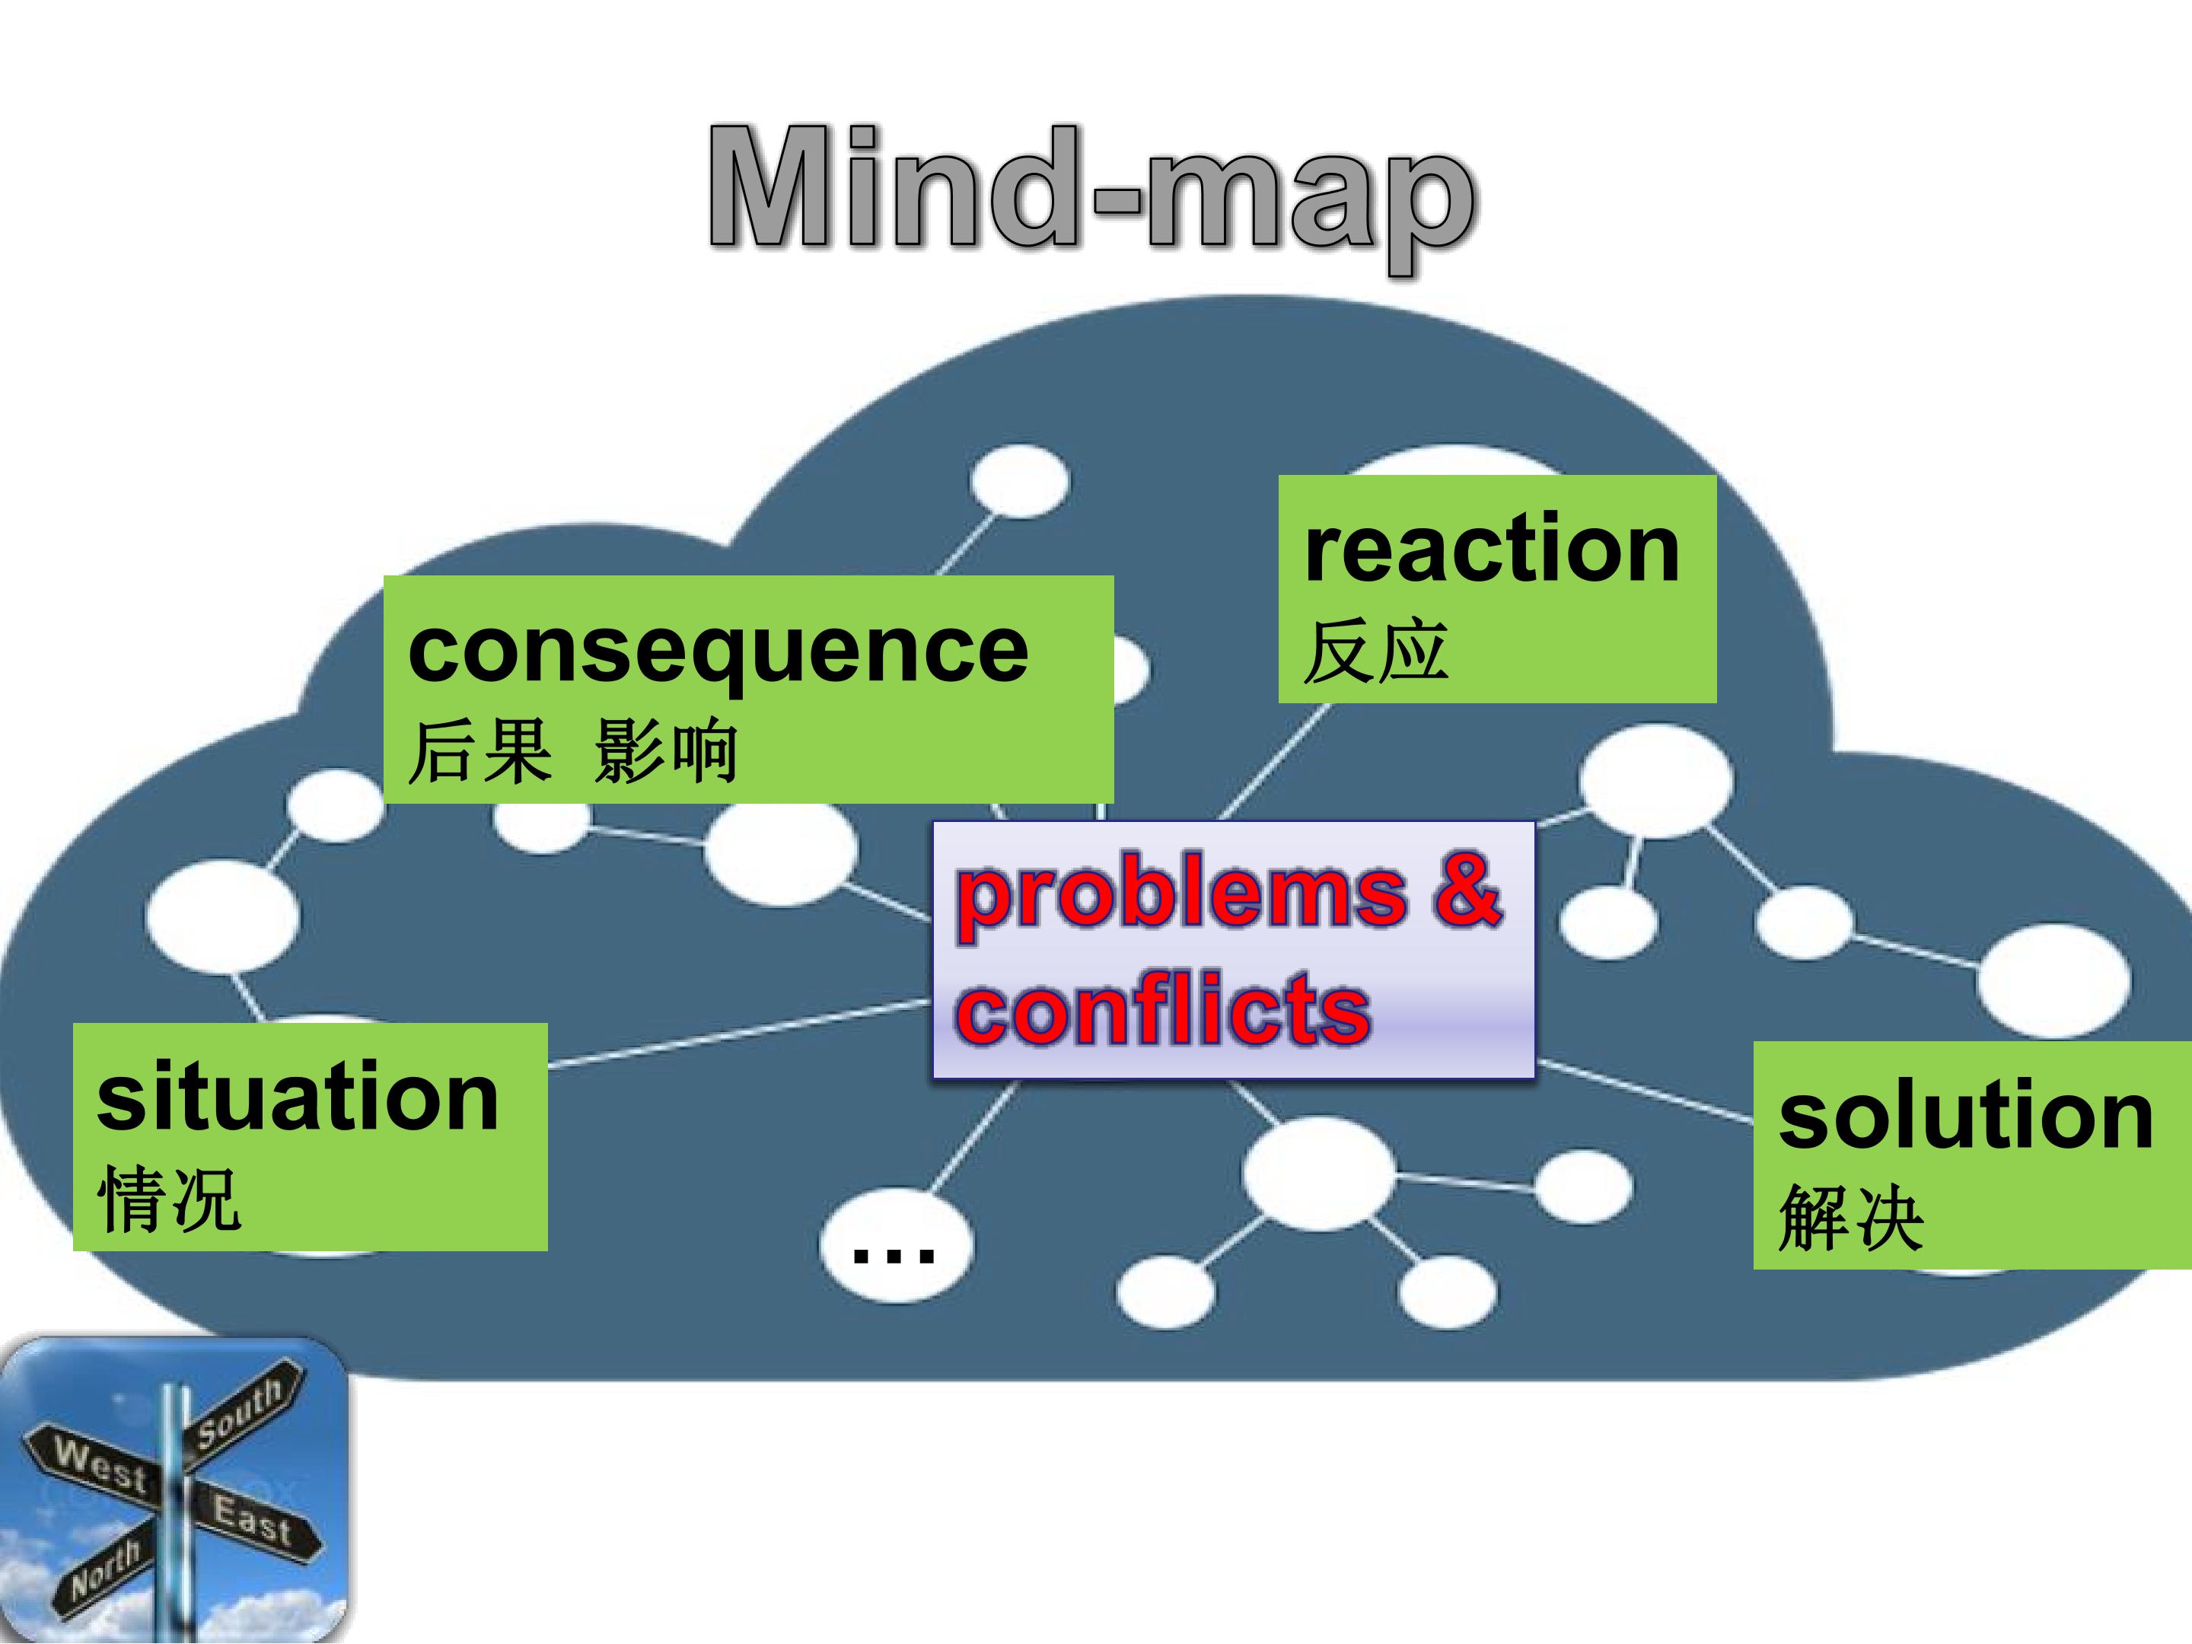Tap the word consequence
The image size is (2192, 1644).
pyautogui.click(x=718, y=652)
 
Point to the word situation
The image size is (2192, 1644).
pyautogui.click(x=298, y=1096)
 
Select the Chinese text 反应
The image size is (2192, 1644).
pyautogui.click(x=1375, y=652)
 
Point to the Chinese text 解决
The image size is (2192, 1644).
pyautogui.click(x=1850, y=1219)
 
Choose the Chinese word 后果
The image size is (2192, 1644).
pyautogui.click(x=479, y=753)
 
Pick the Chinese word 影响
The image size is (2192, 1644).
pyautogui.click(x=666, y=753)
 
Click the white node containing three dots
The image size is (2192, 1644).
pyautogui.click(x=895, y=1246)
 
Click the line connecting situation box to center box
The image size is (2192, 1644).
pyautogui.click(x=739, y=1034)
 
